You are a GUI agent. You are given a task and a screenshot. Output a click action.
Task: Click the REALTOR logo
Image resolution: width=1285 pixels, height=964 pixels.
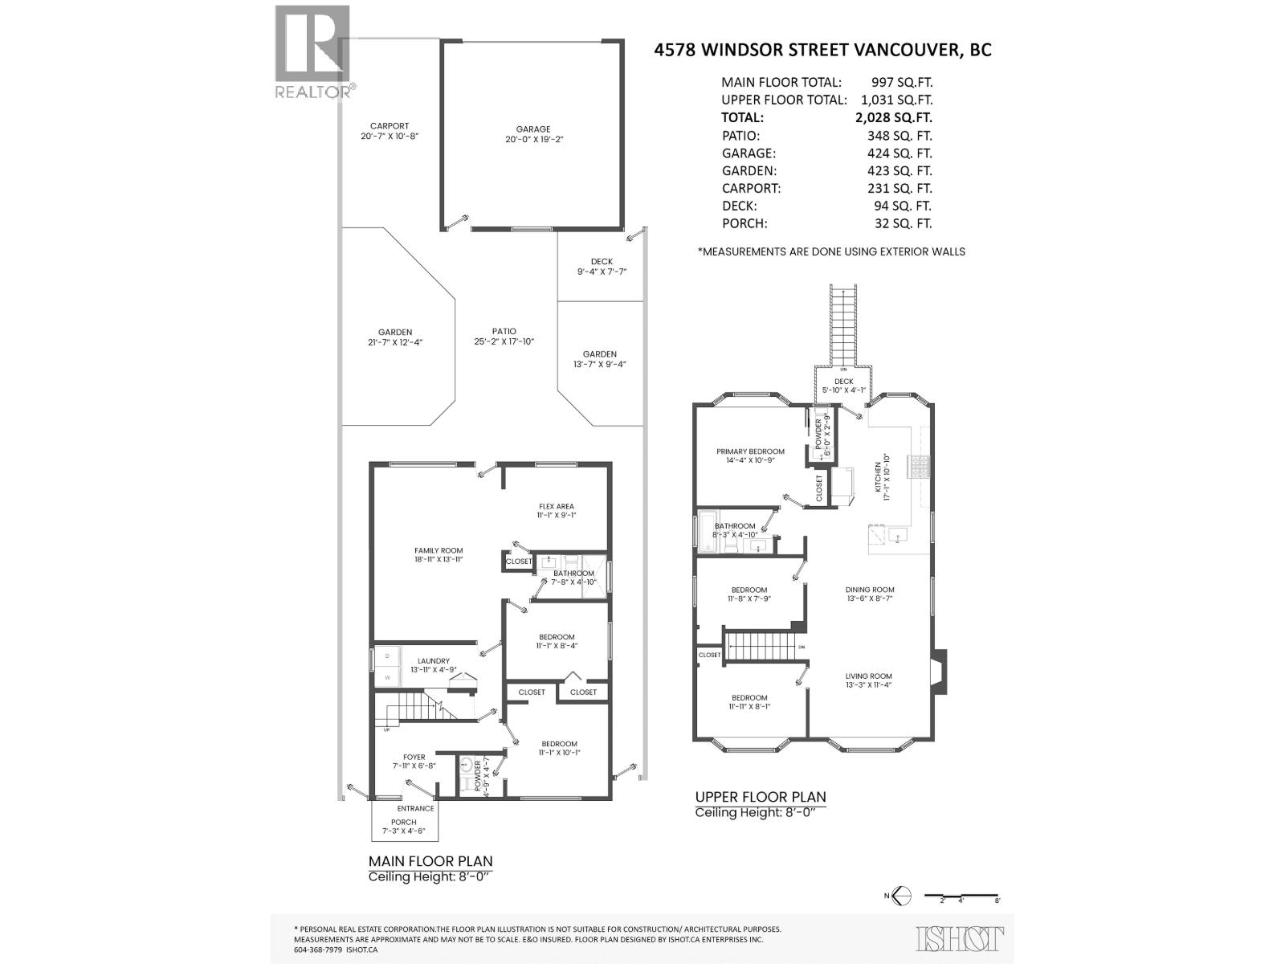312,51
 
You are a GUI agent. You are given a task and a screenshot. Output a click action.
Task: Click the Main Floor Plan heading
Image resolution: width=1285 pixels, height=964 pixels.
430,861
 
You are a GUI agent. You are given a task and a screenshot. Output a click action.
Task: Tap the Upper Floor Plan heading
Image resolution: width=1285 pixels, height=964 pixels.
760,797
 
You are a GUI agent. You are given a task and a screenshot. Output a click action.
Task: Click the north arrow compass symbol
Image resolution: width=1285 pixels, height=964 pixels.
901,895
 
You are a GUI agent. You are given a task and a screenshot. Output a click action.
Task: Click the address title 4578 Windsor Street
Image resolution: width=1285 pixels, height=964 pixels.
823,50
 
